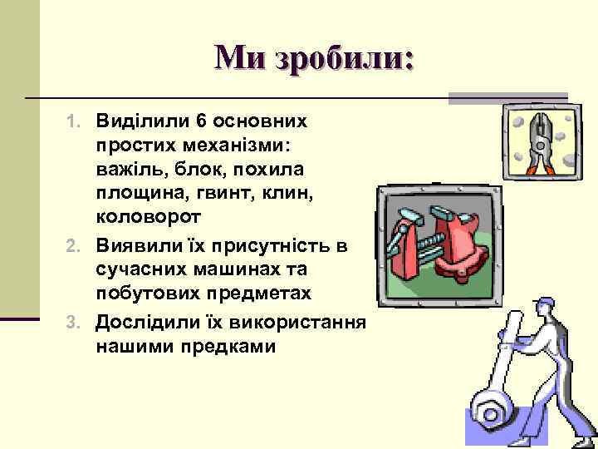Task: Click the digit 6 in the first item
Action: [x=203, y=121]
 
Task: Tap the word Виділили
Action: [x=144, y=121]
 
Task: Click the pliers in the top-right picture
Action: [x=537, y=141]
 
